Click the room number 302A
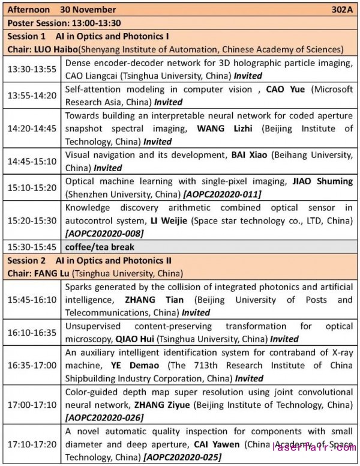tap(342, 10)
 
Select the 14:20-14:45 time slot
tap(31, 128)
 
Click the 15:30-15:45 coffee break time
tap(31, 247)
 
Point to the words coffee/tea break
tap(100, 247)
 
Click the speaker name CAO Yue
tap(285, 89)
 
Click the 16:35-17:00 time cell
tap(31, 365)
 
